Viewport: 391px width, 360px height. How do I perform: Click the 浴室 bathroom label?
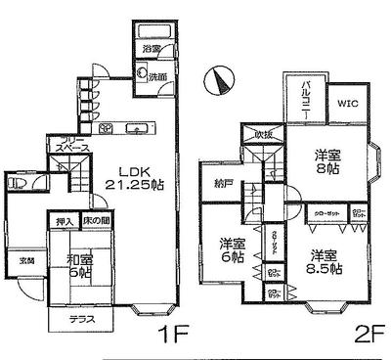[151, 48]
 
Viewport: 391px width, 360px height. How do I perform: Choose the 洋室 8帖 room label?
[327, 162]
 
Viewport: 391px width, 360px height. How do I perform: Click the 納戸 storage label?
[222, 182]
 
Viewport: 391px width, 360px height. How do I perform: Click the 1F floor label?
[174, 335]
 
